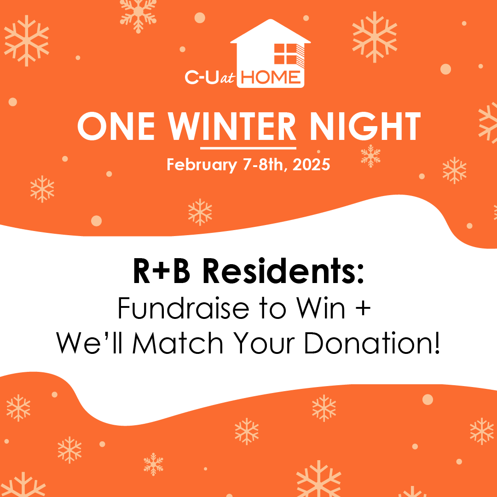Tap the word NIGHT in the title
coord(365,127)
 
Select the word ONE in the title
coord(116,127)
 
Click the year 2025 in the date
coord(311,165)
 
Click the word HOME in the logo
coord(271,77)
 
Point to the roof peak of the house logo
coord(271,20)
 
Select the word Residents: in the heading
coord(283,272)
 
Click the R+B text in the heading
coord(162,272)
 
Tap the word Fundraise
coord(183,308)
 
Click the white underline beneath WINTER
coord(248,148)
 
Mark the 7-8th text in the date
coord(265,165)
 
